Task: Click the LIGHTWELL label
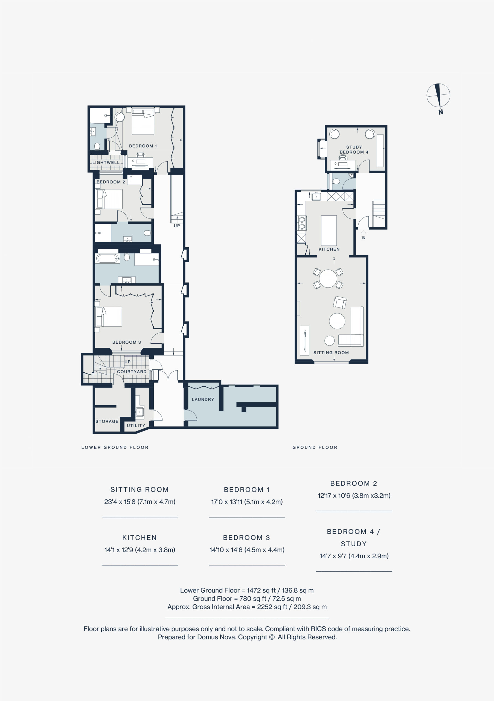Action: (106, 162)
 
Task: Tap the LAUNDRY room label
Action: (203, 399)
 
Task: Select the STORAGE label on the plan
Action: (107, 421)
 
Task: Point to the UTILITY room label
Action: (136, 426)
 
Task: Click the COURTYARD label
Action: (132, 372)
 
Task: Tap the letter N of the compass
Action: (441, 112)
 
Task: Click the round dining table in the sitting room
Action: (328, 278)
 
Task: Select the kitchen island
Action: (329, 231)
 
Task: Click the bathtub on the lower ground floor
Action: (108, 258)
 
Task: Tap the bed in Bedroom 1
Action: (143, 122)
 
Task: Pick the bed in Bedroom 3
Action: (109, 317)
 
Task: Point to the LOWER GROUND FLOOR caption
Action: (115, 447)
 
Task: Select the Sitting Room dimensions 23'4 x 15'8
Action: (140, 502)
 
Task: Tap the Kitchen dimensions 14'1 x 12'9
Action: (140, 550)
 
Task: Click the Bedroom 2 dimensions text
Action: (354, 496)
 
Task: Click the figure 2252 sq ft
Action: (272, 607)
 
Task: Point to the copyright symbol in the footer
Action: (272, 637)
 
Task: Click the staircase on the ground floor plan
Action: (378, 213)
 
